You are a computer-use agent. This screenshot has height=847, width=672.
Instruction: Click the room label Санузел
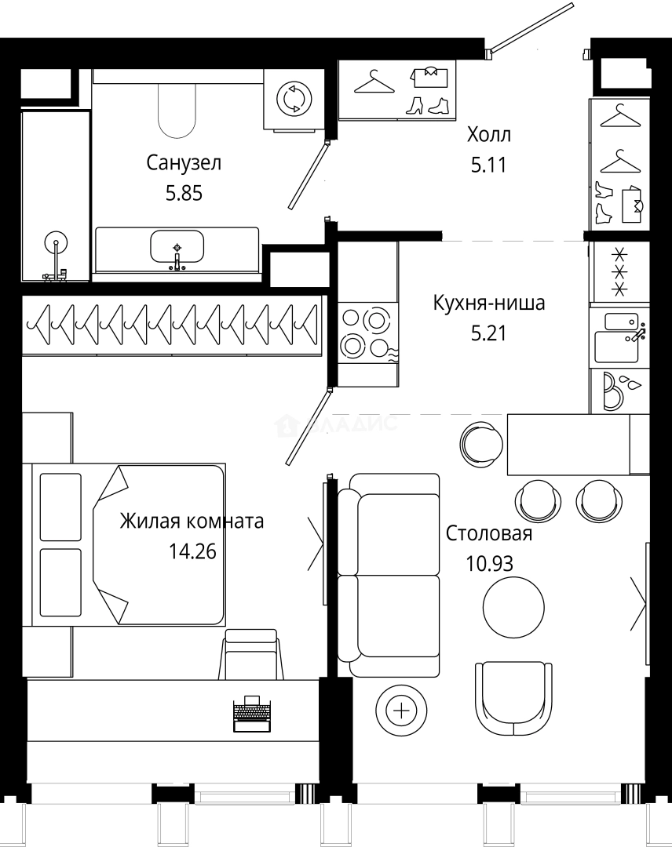184,163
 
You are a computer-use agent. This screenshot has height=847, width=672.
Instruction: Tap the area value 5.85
184,192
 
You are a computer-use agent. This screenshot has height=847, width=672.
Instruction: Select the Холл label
488,135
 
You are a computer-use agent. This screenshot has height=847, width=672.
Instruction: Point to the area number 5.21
488,333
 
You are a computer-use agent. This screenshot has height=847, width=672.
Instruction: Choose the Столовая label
488,534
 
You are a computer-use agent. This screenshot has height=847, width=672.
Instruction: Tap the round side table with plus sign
402,711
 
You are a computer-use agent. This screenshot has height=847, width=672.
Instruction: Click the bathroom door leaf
307,176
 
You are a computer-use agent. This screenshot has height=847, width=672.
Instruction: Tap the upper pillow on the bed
60,507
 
